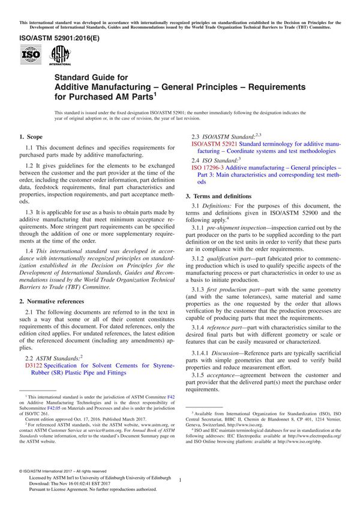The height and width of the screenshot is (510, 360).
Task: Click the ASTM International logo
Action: [x=59, y=56]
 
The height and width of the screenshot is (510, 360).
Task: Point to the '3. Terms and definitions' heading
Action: [x=218, y=196]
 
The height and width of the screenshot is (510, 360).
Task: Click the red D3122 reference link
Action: [x=34, y=365]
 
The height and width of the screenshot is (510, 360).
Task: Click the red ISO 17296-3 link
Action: [x=211, y=167]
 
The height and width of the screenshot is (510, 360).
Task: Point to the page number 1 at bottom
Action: [x=181, y=479]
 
